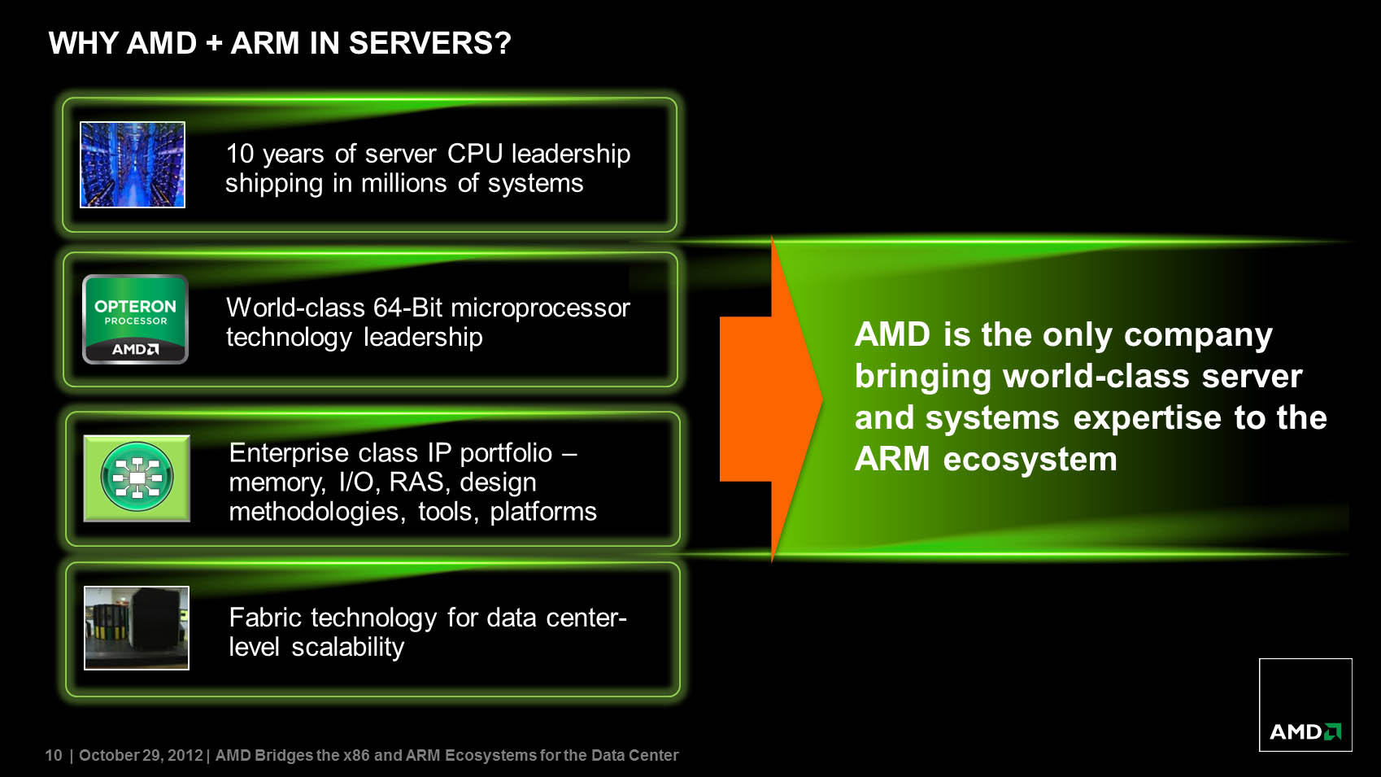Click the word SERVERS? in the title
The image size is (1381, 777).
[x=429, y=43]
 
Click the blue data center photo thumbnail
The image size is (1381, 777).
[x=133, y=164]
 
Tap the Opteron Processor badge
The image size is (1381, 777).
[x=135, y=320]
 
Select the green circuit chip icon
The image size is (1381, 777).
[x=137, y=478]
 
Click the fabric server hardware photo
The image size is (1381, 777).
[x=137, y=628]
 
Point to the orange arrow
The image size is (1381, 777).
[x=771, y=399]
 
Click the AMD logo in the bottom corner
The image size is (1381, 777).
[x=1305, y=705]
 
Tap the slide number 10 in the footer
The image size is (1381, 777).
[x=54, y=755]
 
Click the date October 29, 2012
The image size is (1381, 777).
[x=141, y=755]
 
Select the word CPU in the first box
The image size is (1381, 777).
[x=475, y=154]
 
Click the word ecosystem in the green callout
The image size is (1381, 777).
[x=1030, y=460]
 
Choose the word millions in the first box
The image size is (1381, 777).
[x=403, y=183]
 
